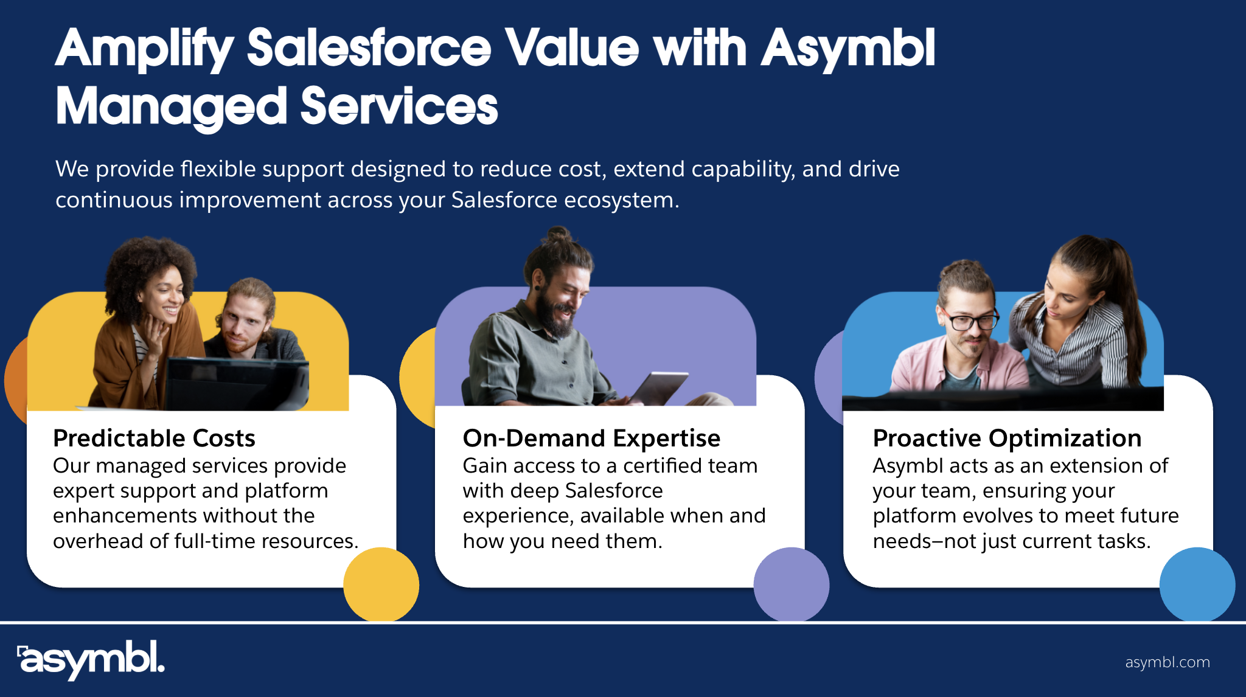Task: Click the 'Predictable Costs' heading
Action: coord(154,438)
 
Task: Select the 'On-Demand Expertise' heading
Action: coord(591,438)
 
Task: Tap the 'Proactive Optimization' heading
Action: coord(1007,438)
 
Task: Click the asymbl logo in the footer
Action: coord(91,659)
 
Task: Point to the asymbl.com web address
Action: coord(1168,662)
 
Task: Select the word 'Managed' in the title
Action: coord(171,106)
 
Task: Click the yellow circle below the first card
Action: coord(381,584)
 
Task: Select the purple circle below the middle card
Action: coord(791,584)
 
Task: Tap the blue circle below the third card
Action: coord(1197,584)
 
